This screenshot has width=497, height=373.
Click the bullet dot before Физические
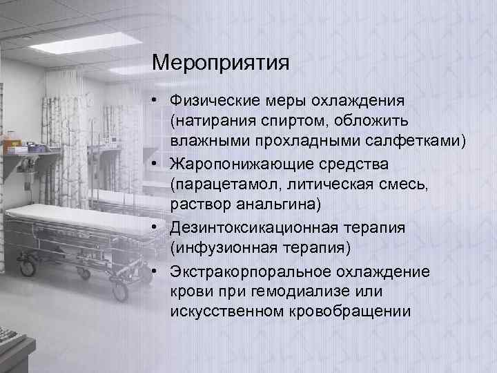[x=158, y=102]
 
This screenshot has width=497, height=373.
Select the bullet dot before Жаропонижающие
[x=158, y=165]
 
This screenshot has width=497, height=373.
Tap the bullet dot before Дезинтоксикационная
[x=158, y=227]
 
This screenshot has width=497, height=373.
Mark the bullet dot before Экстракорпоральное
[x=158, y=270]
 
